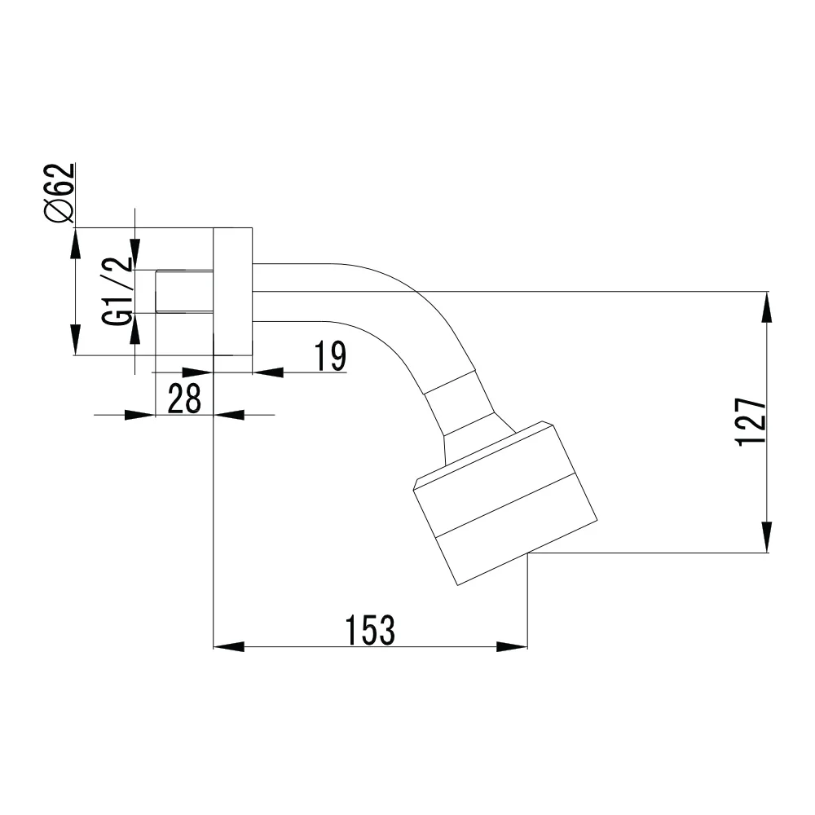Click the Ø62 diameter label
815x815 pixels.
point(60,193)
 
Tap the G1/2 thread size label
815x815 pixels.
point(117,292)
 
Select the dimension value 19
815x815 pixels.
point(330,357)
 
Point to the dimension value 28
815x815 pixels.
point(184,399)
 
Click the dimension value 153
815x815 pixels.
point(370,630)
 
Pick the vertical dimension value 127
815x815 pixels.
point(751,422)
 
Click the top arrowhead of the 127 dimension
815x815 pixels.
point(767,306)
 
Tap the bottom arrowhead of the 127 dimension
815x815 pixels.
point(767,537)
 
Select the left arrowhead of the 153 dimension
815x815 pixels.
point(229,647)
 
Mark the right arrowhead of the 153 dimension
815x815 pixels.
point(512,647)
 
